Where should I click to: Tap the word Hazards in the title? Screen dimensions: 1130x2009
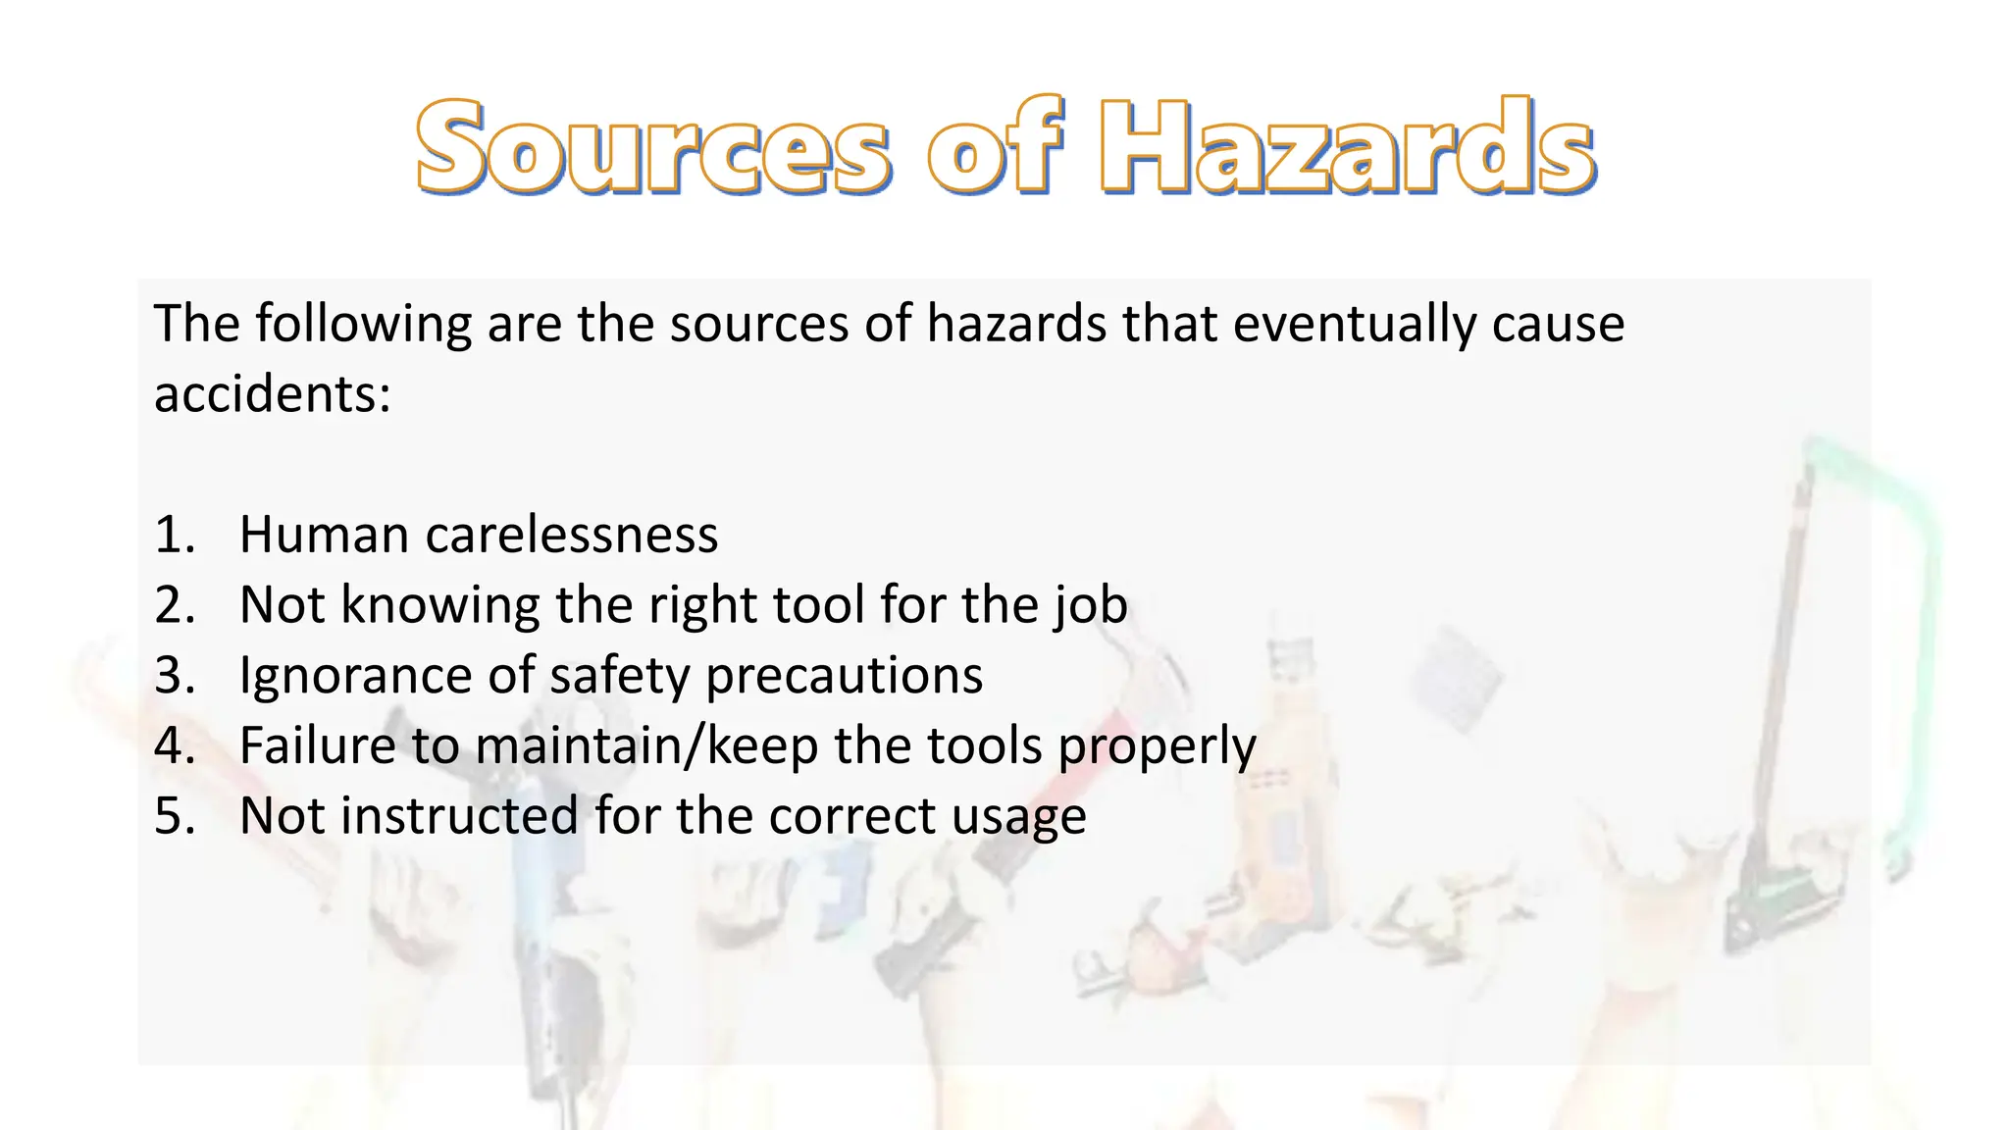(1346, 147)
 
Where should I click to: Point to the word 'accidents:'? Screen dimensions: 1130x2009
(273, 394)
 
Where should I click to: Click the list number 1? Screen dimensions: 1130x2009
(175, 536)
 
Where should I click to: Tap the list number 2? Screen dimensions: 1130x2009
(175, 605)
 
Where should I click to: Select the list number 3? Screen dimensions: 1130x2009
(175, 676)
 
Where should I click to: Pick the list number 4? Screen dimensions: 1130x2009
(175, 745)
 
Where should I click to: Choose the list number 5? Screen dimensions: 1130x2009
(175, 816)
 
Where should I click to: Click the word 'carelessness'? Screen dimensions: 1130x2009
(571, 536)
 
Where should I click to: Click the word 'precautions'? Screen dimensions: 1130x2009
(844, 677)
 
